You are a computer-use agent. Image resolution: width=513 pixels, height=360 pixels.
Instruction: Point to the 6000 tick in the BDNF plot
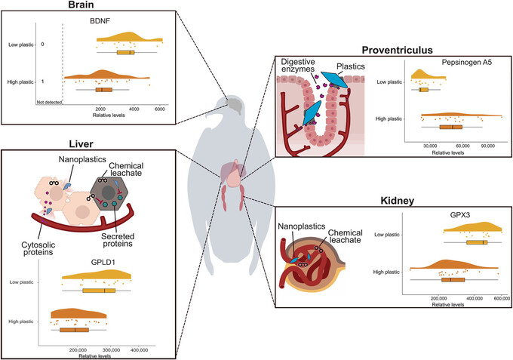pos(159,109)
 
